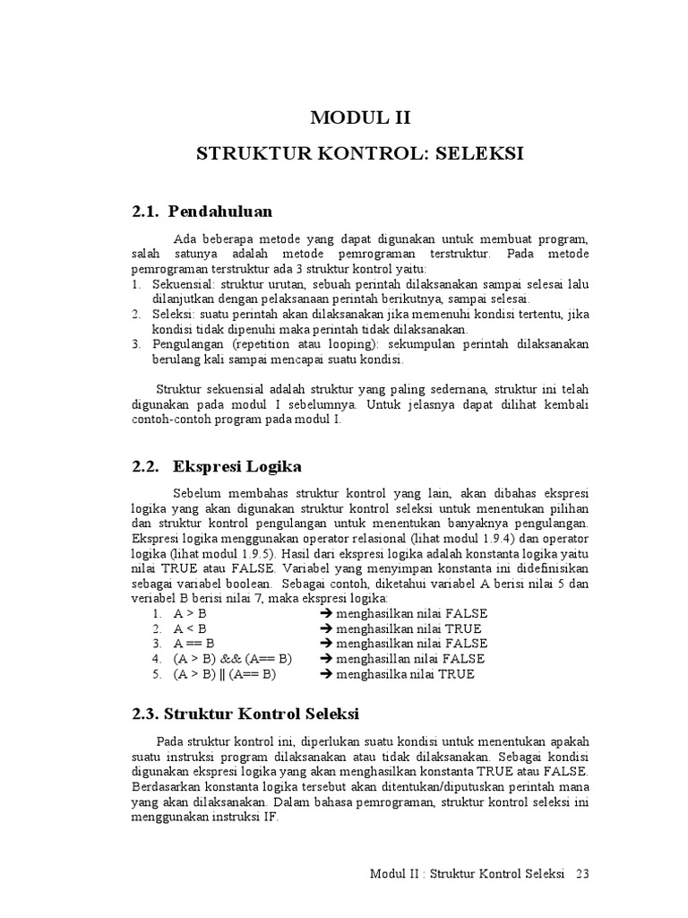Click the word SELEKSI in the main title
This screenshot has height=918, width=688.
(479, 154)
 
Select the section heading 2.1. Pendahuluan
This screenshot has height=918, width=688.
(202, 212)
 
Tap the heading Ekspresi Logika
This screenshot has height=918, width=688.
(237, 466)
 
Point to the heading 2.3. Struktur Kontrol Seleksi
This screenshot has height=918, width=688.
(245, 714)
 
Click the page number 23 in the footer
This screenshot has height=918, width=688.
(583, 873)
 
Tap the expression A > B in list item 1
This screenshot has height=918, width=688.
(190, 614)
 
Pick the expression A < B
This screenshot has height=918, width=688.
(190, 629)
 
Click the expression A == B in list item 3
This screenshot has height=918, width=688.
(193, 644)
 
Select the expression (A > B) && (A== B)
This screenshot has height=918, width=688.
(233, 659)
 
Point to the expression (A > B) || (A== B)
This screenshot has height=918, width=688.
(225, 674)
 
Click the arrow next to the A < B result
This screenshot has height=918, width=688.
(327, 629)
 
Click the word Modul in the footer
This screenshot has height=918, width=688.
(389, 873)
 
